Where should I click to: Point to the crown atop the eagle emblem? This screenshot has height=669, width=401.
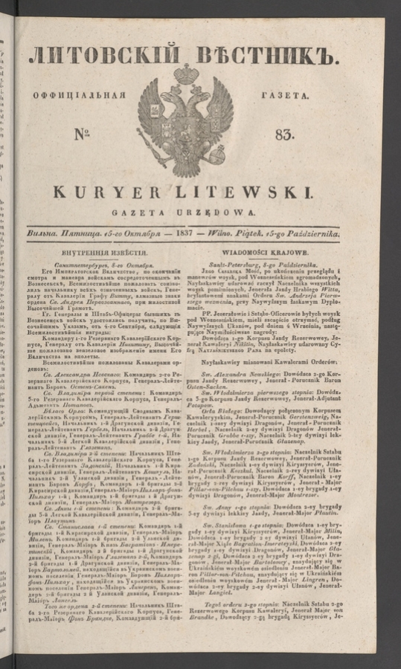(185, 74)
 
